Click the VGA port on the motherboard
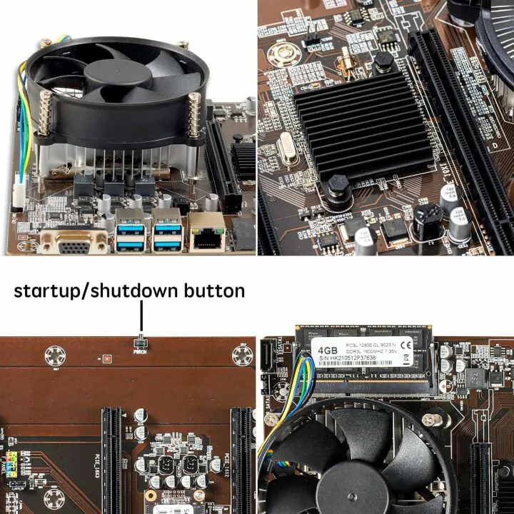[75, 244]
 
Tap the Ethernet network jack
[208, 236]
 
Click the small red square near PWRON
[106, 358]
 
